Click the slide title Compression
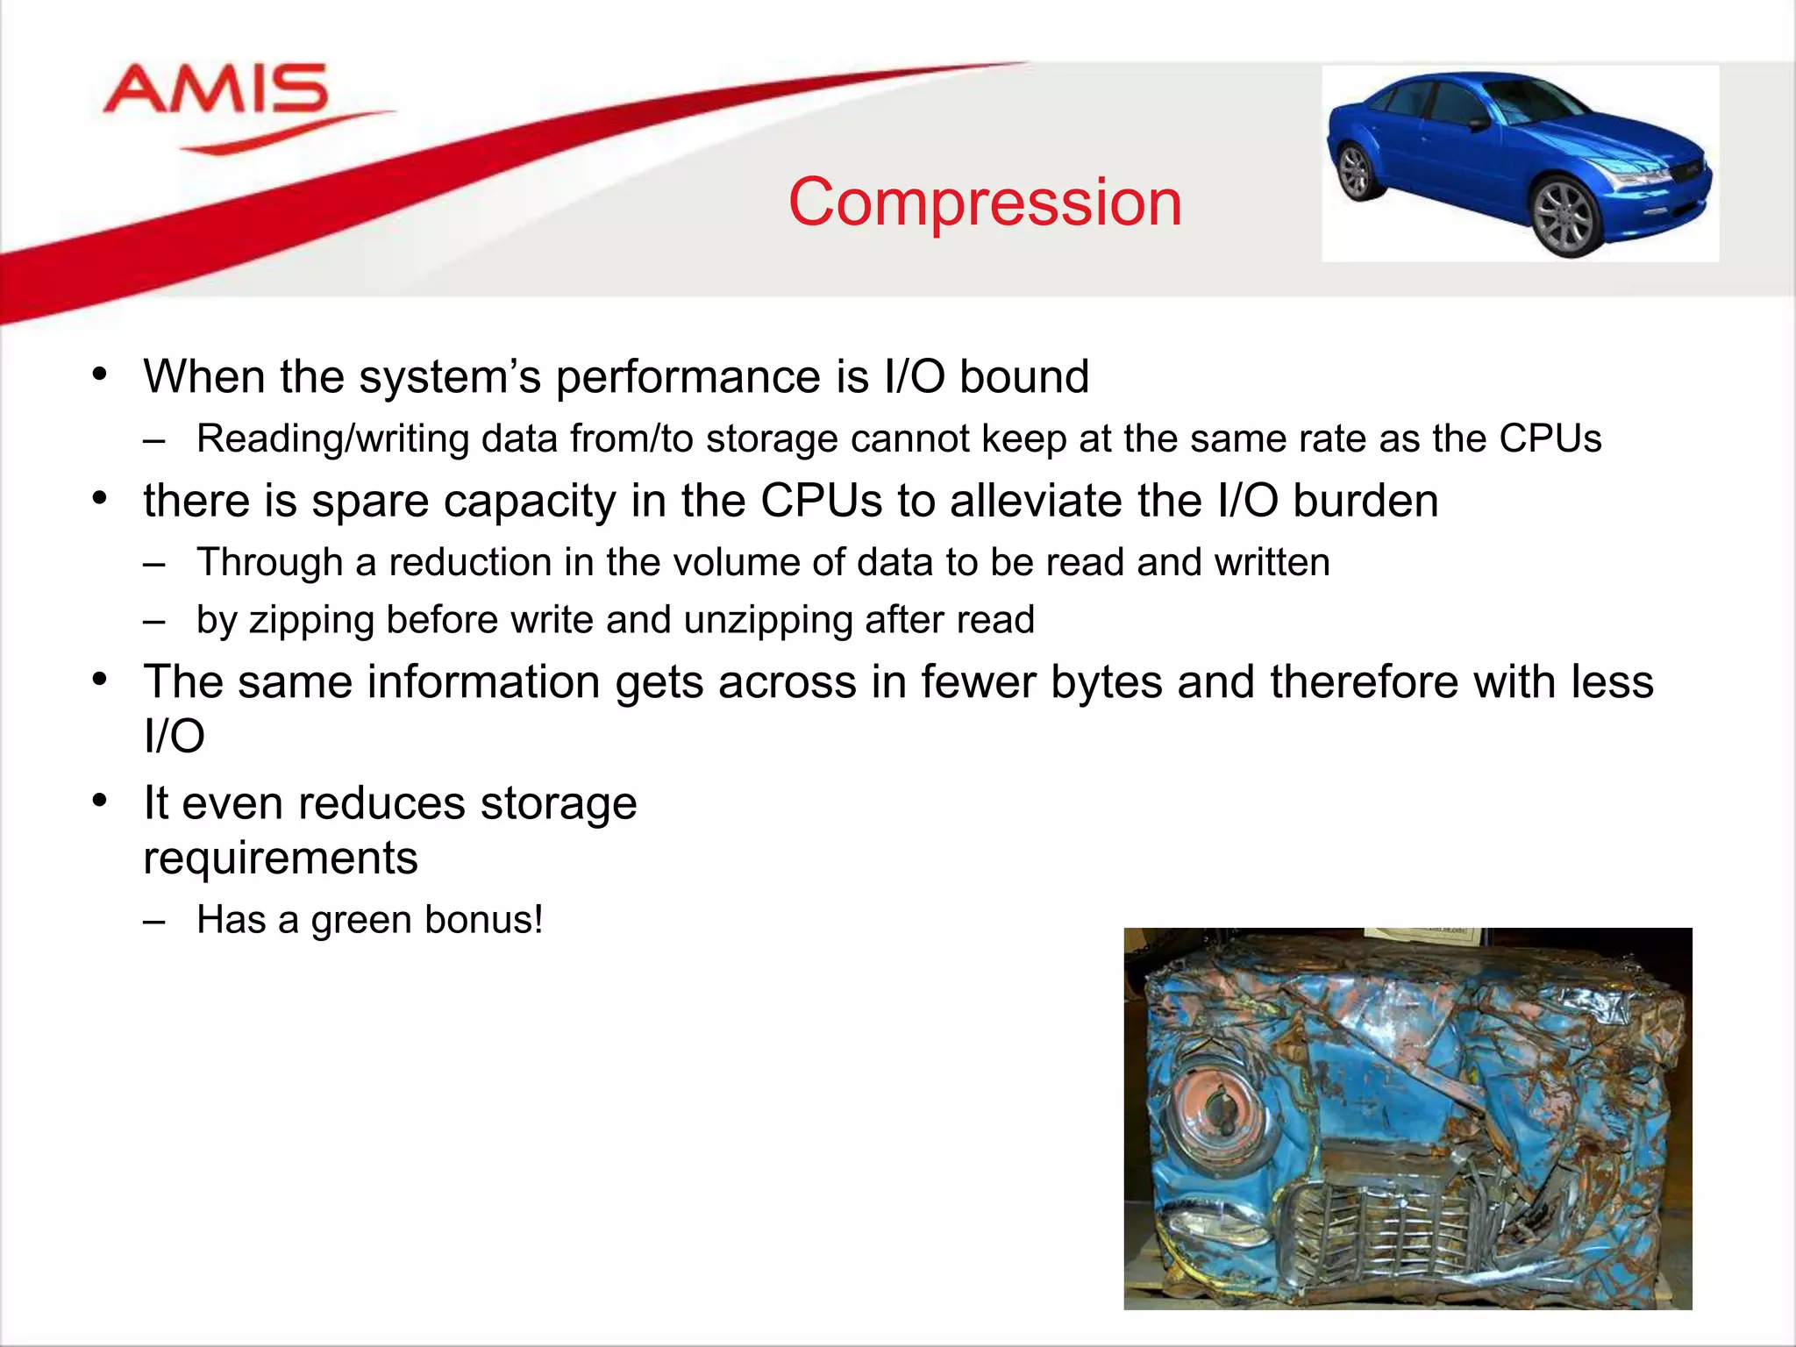click(x=985, y=202)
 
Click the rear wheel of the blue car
click(x=1354, y=172)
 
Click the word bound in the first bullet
click(x=1023, y=377)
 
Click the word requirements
click(x=281, y=858)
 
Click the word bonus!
click(x=484, y=920)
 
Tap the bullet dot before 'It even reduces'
click(x=100, y=801)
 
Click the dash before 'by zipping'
click(x=154, y=621)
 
